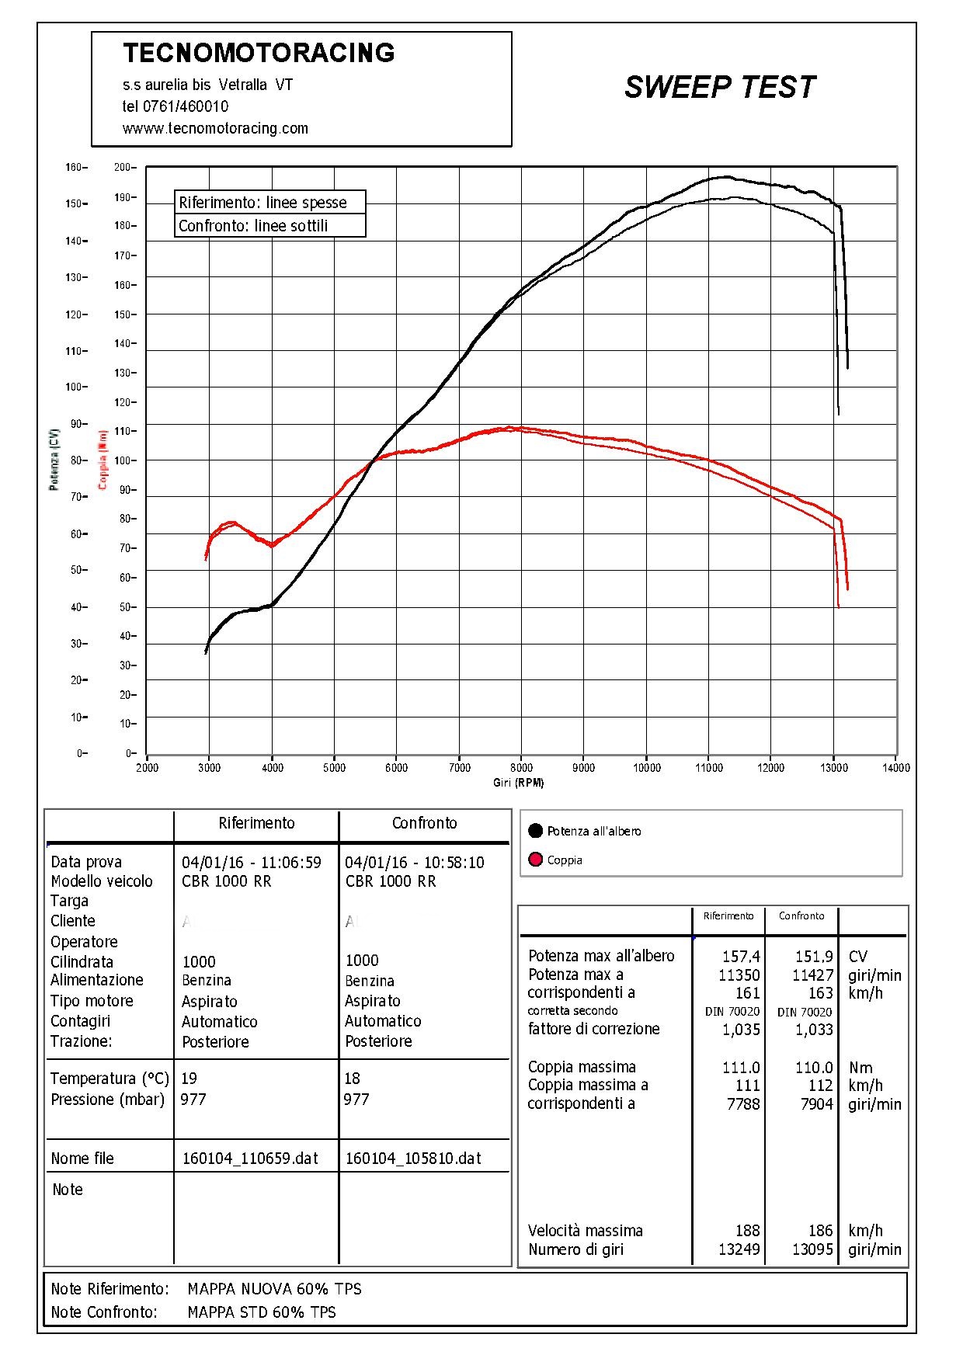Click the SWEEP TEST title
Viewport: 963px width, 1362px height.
pyautogui.click(x=719, y=87)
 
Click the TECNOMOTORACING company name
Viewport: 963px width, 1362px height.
pyautogui.click(x=259, y=53)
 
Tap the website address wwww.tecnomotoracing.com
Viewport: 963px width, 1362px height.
pyautogui.click(x=215, y=128)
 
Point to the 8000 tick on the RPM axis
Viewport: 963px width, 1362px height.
pyautogui.click(x=521, y=768)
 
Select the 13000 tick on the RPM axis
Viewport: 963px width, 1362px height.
pyautogui.click(x=833, y=768)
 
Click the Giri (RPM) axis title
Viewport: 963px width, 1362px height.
pyautogui.click(x=518, y=783)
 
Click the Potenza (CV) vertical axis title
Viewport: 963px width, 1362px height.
pyautogui.click(x=54, y=459)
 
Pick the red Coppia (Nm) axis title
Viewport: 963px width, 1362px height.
pyautogui.click(x=103, y=460)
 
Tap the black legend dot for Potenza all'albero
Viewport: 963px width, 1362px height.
pyautogui.click(x=535, y=831)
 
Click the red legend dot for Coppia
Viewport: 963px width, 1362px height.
pyautogui.click(x=535, y=860)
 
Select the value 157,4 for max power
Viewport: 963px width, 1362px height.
pyautogui.click(x=741, y=957)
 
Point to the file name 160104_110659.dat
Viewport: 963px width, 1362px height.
pyautogui.click(x=250, y=1159)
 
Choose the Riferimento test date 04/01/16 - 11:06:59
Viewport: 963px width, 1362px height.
pyautogui.click(x=251, y=862)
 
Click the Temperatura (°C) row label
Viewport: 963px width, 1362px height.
pyautogui.click(x=110, y=1079)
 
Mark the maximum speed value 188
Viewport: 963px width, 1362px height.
pyautogui.click(x=747, y=1231)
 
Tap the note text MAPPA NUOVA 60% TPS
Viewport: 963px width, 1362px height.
pyautogui.click(x=274, y=1289)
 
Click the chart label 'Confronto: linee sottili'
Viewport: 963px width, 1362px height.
pyautogui.click(x=253, y=226)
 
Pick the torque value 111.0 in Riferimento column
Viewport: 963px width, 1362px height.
pyautogui.click(x=741, y=1068)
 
